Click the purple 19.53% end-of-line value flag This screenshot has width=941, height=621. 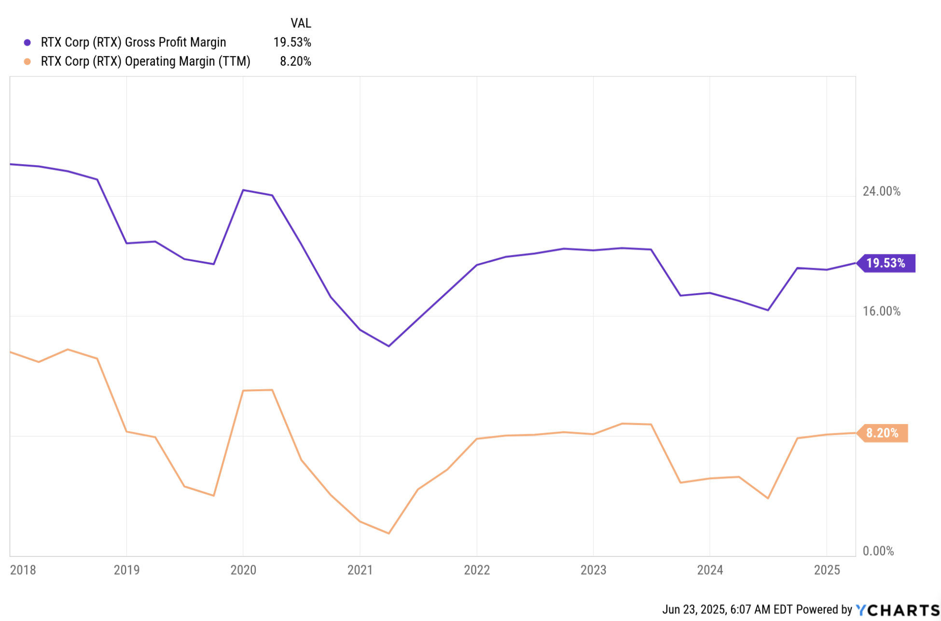[x=886, y=263]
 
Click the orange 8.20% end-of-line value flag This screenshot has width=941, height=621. [x=883, y=433]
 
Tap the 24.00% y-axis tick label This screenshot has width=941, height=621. [x=881, y=191]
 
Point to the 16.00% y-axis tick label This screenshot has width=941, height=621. [x=881, y=311]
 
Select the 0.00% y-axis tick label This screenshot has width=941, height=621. [x=878, y=551]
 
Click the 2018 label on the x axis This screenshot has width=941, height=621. [x=23, y=570]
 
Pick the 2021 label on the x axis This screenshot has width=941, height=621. [x=360, y=570]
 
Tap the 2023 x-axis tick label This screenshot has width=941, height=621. [x=593, y=570]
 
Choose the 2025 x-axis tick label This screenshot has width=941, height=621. [x=827, y=570]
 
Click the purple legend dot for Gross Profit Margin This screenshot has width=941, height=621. [x=28, y=42]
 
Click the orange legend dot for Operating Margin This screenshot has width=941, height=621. [x=28, y=61]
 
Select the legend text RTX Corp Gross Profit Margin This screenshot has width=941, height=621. [x=133, y=42]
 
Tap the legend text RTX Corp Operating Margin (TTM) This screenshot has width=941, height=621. [x=145, y=61]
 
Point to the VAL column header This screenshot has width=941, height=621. [x=301, y=23]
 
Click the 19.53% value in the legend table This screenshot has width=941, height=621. [x=292, y=42]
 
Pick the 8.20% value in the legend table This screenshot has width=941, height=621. [x=295, y=61]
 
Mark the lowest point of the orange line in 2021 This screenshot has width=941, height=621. [x=389, y=533]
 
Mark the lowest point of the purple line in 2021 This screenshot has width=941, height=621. [x=389, y=346]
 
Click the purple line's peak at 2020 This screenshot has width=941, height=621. [x=243, y=190]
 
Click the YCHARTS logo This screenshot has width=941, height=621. [x=898, y=610]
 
